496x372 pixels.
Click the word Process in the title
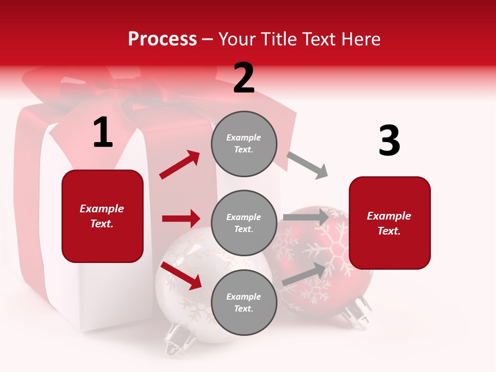click(x=162, y=39)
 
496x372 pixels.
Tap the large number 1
click(x=103, y=133)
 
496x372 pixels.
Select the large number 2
click(x=244, y=78)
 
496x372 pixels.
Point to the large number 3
click(x=389, y=141)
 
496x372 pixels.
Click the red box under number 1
click(x=102, y=216)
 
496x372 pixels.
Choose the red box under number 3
click(x=390, y=223)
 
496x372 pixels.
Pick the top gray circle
click(x=244, y=144)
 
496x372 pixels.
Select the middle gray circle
click(x=244, y=223)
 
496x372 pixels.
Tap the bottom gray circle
click(x=244, y=302)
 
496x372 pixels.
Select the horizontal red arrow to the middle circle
click(x=181, y=219)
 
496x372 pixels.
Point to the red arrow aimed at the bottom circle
click(x=181, y=275)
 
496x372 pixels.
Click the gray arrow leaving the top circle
click(x=307, y=165)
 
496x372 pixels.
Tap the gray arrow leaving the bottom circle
click(x=305, y=274)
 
